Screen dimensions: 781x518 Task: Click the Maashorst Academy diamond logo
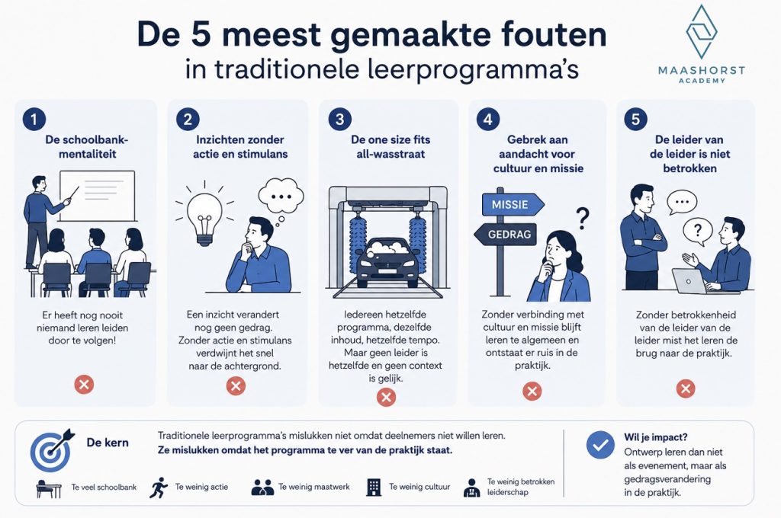coord(702,31)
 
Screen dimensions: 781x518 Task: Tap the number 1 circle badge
coord(34,120)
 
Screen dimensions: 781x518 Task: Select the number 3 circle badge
coord(340,120)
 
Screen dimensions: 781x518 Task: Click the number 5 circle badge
coord(635,120)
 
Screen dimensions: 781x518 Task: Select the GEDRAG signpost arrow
coord(505,234)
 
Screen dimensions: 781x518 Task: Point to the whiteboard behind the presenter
coord(98,196)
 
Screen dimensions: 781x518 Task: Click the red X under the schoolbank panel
coord(84,384)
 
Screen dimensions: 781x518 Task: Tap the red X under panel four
coord(532,391)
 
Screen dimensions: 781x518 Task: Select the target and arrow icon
coord(52,450)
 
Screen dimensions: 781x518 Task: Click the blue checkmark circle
coord(600,445)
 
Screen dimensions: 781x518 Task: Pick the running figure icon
coord(159,488)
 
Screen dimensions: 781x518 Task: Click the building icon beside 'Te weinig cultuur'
coord(374,488)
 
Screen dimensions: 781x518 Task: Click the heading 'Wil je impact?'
coord(655,437)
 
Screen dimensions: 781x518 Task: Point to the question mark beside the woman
coord(582,218)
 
